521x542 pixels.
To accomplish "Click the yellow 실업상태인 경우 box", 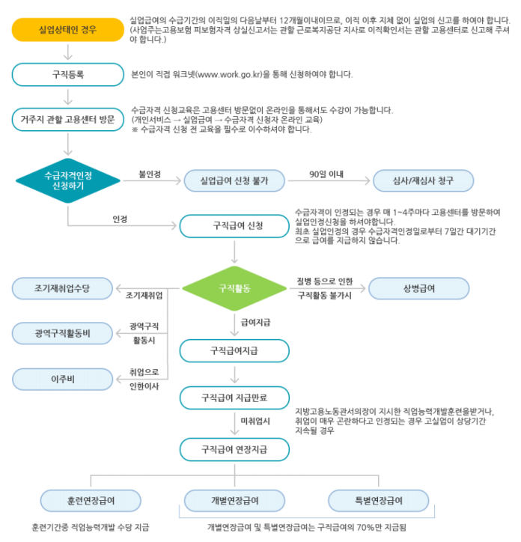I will click(x=68, y=31).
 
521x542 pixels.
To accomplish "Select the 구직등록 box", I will click(x=68, y=74).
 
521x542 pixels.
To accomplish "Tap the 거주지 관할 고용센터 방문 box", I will click(x=68, y=118).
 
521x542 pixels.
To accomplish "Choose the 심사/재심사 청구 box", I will click(x=423, y=180).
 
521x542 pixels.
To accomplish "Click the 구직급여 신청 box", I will click(x=234, y=224).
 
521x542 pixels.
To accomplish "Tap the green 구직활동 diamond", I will click(x=234, y=287).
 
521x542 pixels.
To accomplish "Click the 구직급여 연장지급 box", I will click(x=234, y=450).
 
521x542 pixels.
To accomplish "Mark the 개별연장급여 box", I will click(x=234, y=499).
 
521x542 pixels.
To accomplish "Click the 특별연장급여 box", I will click(x=378, y=499).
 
